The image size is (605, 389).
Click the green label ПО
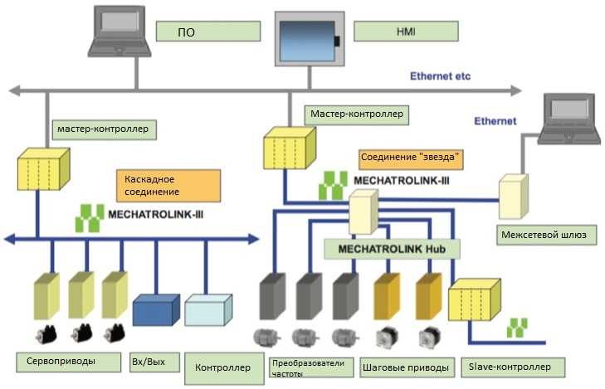[208, 32]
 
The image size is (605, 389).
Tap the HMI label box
[406, 32]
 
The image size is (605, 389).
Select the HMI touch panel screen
[308, 40]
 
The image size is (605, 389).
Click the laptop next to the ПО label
[120, 32]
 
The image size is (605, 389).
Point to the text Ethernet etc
[440, 76]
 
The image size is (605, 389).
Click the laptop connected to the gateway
[569, 119]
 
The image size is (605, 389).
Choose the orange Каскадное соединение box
[168, 186]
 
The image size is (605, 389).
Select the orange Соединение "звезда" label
[411, 159]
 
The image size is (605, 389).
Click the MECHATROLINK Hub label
[392, 249]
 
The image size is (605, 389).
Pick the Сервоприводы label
[68, 362]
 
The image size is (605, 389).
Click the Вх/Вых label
[154, 362]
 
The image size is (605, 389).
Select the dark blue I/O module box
[156, 310]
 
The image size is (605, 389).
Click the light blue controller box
[208, 310]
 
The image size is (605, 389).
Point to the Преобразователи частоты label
[311, 367]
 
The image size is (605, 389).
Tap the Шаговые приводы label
[407, 367]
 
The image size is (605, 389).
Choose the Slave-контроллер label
[513, 367]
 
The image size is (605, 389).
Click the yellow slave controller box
[475, 300]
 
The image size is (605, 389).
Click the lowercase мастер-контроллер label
[105, 129]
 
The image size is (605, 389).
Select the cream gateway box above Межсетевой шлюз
[514, 197]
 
